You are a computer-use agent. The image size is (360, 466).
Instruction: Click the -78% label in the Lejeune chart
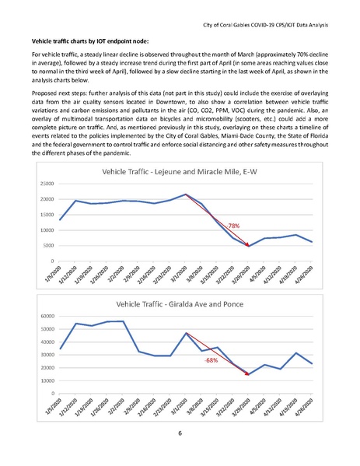click(232, 225)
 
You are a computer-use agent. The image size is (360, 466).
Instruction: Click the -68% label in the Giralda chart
click(210, 361)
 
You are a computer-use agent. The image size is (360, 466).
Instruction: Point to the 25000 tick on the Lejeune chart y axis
click(44, 184)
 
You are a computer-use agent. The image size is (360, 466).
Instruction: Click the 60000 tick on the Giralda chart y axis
click(44, 317)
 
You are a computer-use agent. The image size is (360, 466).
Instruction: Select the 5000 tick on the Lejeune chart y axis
click(47, 245)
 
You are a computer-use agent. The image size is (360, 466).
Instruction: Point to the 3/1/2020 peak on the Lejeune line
click(186, 194)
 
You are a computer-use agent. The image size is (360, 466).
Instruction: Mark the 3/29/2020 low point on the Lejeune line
click(248, 246)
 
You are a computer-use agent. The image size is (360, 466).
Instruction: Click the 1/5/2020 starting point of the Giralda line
click(60, 349)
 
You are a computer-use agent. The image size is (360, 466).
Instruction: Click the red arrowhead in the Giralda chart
click(246, 373)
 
